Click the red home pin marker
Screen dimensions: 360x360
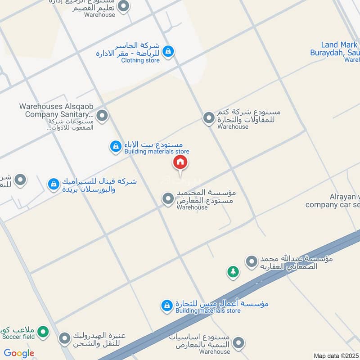coord(180,162)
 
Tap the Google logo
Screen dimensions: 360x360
coord(19,353)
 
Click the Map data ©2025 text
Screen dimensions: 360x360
coord(336,356)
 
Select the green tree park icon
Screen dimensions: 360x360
coord(233,271)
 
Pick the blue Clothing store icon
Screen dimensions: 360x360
coord(168,51)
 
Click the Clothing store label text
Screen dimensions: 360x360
coord(140,60)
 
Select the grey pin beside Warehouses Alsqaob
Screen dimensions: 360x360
coord(102,116)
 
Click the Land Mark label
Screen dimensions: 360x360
coord(339,45)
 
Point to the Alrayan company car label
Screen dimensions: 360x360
coord(333,201)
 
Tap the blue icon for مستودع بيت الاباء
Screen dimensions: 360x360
coord(116,146)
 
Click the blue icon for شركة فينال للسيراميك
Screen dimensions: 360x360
coord(54,184)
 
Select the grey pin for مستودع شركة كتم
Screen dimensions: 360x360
coord(208,118)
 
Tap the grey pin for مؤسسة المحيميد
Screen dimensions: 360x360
coord(168,198)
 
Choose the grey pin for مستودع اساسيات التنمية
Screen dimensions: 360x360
coord(239,343)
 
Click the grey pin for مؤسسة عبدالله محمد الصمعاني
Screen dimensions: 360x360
coord(251,261)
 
